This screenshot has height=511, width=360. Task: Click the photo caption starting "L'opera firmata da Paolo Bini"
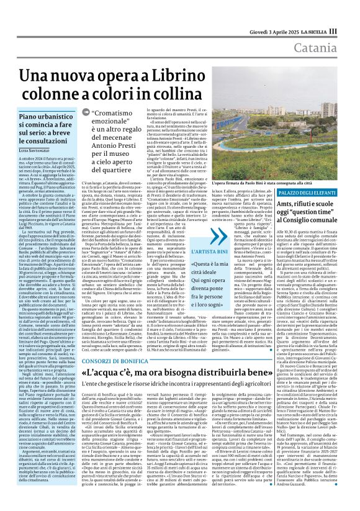pyautogui.click(x=251, y=184)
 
